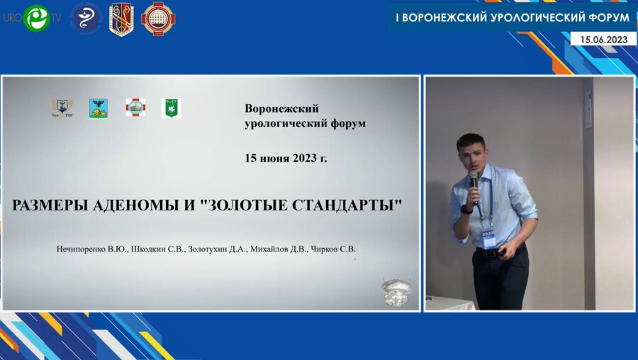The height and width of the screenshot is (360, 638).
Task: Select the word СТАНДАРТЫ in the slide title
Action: (x=353, y=206)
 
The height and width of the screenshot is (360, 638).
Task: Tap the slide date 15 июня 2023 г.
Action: (x=286, y=158)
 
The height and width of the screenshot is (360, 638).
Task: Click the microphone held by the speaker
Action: (x=473, y=179)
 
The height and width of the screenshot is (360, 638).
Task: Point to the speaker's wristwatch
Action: (x=466, y=209)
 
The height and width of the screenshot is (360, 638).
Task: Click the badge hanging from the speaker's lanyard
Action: (x=488, y=235)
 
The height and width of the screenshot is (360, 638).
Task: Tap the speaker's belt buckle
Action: (x=490, y=252)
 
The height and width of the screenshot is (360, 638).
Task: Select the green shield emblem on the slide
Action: (x=171, y=108)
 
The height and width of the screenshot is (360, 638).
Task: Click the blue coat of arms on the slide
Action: (x=99, y=108)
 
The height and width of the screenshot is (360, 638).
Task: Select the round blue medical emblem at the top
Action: (x=85, y=18)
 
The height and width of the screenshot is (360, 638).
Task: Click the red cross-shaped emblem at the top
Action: (x=158, y=18)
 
